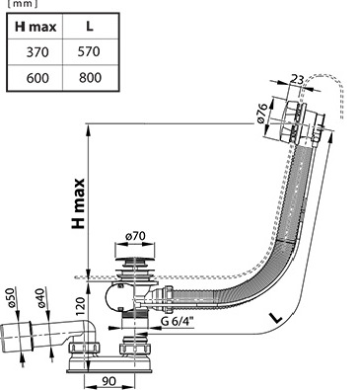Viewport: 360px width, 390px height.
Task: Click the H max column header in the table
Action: (x=36, y=27)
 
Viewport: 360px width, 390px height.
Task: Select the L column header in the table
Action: (x=90, y=27)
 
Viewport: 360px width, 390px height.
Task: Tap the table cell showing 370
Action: (x=37, y=52)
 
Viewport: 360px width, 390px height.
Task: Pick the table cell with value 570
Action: (x=89, y=51)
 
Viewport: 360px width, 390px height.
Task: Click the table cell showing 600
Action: (x=37, y=78)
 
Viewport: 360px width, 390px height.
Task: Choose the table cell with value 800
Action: (x=90, y=77)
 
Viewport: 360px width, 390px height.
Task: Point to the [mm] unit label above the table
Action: (x=23, y=4)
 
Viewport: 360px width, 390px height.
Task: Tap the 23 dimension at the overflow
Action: (x=296, y=80)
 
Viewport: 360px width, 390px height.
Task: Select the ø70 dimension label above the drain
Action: (x=135, y=236)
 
